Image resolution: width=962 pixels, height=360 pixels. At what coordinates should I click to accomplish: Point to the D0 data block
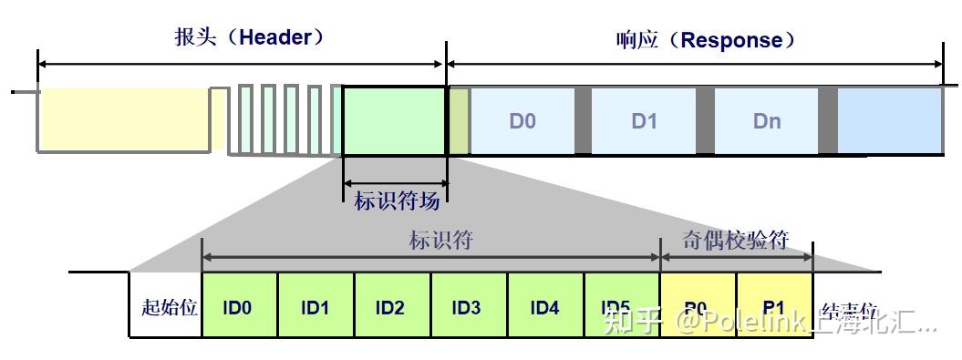click(522, 120)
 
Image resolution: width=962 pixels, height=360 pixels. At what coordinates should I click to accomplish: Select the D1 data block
click(644, 120)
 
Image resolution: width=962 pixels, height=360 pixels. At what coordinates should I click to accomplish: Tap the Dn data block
click(766, 120)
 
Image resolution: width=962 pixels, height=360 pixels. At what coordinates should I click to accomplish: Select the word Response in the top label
click(732, 41)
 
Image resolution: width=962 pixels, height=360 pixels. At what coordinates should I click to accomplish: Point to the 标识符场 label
click(396, 200)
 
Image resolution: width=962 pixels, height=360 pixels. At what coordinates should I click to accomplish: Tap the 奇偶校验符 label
click(735, 239)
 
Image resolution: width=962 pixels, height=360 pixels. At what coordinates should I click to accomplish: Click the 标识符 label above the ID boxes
click(440, 241)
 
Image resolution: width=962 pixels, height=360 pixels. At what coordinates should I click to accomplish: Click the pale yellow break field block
click(123, 120)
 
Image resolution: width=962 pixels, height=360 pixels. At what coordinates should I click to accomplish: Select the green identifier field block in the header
click(394, 120)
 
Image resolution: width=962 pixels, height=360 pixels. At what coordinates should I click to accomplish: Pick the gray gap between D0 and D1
click(583, 120)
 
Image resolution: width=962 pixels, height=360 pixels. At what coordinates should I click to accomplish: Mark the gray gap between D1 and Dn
click(705, 120)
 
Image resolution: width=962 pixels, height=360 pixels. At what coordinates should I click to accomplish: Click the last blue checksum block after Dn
click(890, 120)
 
